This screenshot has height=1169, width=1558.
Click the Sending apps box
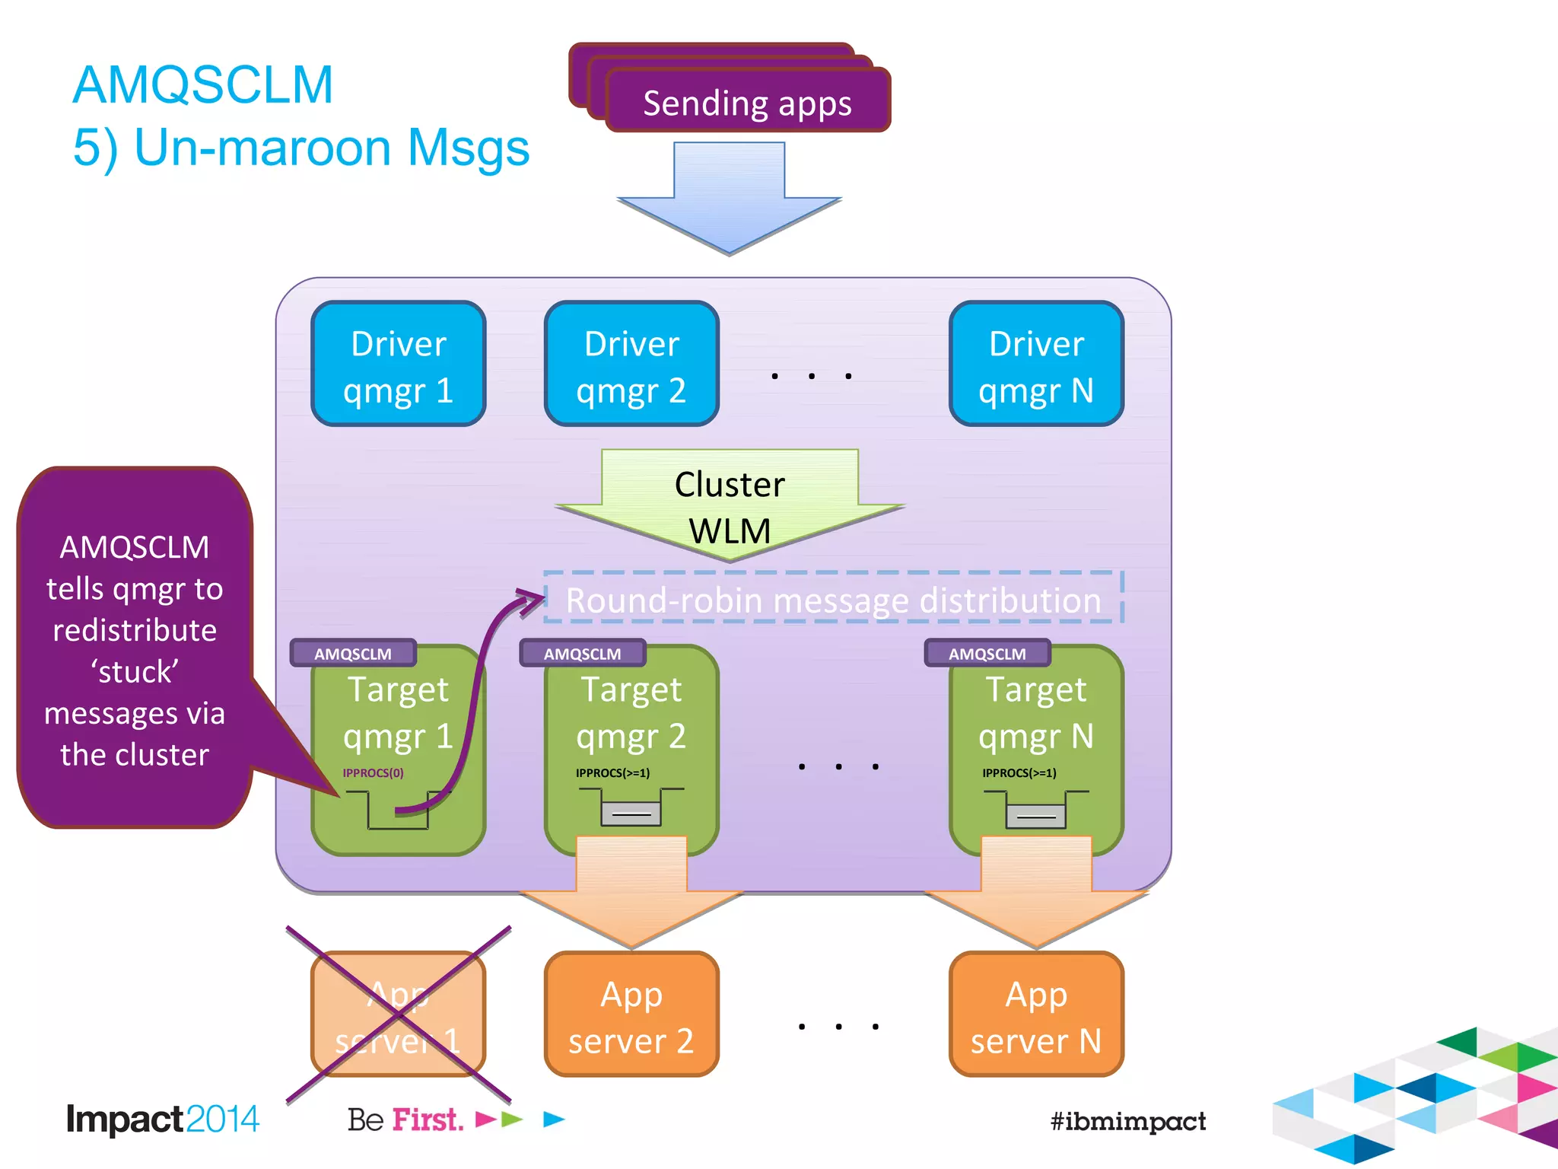click(x=747, y=102)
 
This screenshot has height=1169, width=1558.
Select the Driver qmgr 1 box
click(x=398, y=365)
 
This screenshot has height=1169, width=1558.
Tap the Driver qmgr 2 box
click(x=631, y=365)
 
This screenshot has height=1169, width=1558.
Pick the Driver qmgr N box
click(x=1035, y=365)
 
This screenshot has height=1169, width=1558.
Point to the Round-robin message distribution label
click(x=833, y=600)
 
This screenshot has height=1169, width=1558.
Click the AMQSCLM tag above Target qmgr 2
click(x=582, y=654)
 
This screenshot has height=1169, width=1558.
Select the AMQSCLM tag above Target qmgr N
click(x=987, y=654)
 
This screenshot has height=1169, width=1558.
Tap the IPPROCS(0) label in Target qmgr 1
click(x=373, y=772)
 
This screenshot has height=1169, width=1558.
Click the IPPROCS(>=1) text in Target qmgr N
click(x=1019, y=772)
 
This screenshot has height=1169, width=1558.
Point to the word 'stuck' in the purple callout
click(x=135, y=672)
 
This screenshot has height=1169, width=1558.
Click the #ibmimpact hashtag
click(x=1127, y=1120)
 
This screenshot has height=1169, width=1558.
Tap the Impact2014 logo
click(x=162, y=1119)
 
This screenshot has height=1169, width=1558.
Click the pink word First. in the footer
click(x=428, y=1120)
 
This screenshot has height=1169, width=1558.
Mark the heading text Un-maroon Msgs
click(x=331, y=148)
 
